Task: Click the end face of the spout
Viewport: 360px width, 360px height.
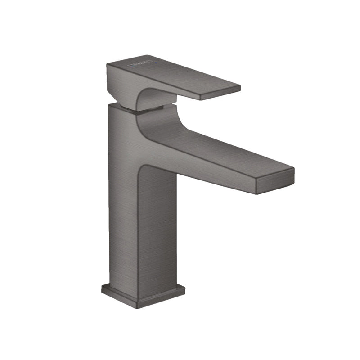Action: (x=275, y=181)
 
